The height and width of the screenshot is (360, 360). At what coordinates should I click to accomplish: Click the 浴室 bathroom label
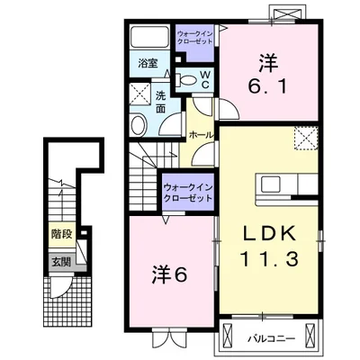click(x=148, y=63)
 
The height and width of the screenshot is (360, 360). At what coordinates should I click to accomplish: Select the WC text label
click(x=205, y=79)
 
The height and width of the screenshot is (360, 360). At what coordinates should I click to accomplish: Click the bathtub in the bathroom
click(x=149, y=37)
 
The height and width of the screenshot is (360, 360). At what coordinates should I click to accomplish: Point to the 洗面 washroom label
click(x=160, y=102)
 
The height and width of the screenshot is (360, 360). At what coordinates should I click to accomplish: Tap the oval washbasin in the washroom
click(x=138, y=125)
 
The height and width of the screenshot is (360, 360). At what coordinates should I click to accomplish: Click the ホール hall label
click(x=201, y=135)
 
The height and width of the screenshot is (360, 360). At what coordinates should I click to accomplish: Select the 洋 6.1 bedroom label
click(x=267, y=74)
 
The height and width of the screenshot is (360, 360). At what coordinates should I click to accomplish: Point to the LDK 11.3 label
click(x=269, y=247)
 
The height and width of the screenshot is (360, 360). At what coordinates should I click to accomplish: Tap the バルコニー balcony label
click(x=272, y=339)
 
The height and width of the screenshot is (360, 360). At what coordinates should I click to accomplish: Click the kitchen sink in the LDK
click(x=270, y=184)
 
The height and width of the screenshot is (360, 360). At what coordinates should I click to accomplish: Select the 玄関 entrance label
click(x=62, y=262)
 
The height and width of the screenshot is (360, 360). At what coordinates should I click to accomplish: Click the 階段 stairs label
click(x=62, y=234)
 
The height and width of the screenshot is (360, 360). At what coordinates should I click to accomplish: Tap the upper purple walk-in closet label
click(x=194, y=37)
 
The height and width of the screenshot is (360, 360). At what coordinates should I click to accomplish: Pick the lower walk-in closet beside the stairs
click(x=188, y=193)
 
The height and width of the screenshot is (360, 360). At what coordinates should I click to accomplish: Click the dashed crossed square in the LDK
click(x=306, y=139)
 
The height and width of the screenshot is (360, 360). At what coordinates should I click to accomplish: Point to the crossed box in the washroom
click(x=140, y=94)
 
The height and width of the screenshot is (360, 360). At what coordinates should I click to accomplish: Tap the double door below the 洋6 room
click(x=169, y=338)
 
